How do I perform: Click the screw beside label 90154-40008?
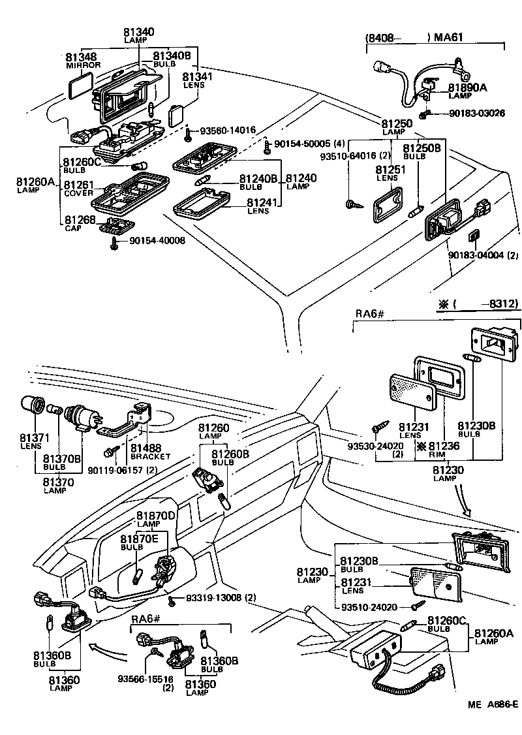click(x=115, y=243)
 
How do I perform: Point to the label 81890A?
click(x=467, y=87)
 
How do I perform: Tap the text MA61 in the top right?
click(x=448, y=37)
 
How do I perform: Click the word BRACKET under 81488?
click(x=150, y=456)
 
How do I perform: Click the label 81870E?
click(x=138, y=539)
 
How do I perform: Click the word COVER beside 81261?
click(x=79, y=193)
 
